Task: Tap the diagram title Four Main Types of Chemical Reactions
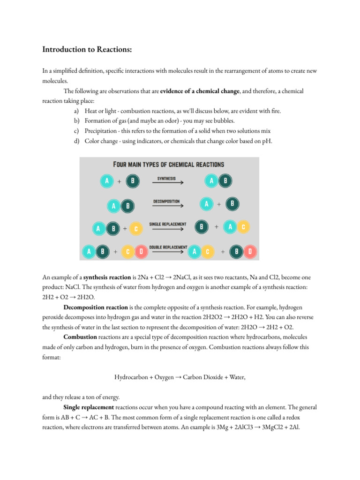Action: [x=169, y=165]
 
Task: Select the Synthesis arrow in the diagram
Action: [x=167, y=182]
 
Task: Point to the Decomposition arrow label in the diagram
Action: [x=166, y=202]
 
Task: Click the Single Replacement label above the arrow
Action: [x=167, y=224]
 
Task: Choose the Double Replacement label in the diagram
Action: [x=168, y=247]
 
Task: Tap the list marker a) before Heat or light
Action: [x=76, y=111]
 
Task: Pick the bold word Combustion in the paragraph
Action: [x=80, y=337]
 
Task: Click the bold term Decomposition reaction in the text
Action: [x=96, y=307]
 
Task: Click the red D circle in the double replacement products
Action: [x=250, y=252]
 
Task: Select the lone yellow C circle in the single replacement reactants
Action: [x=135, y=229]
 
